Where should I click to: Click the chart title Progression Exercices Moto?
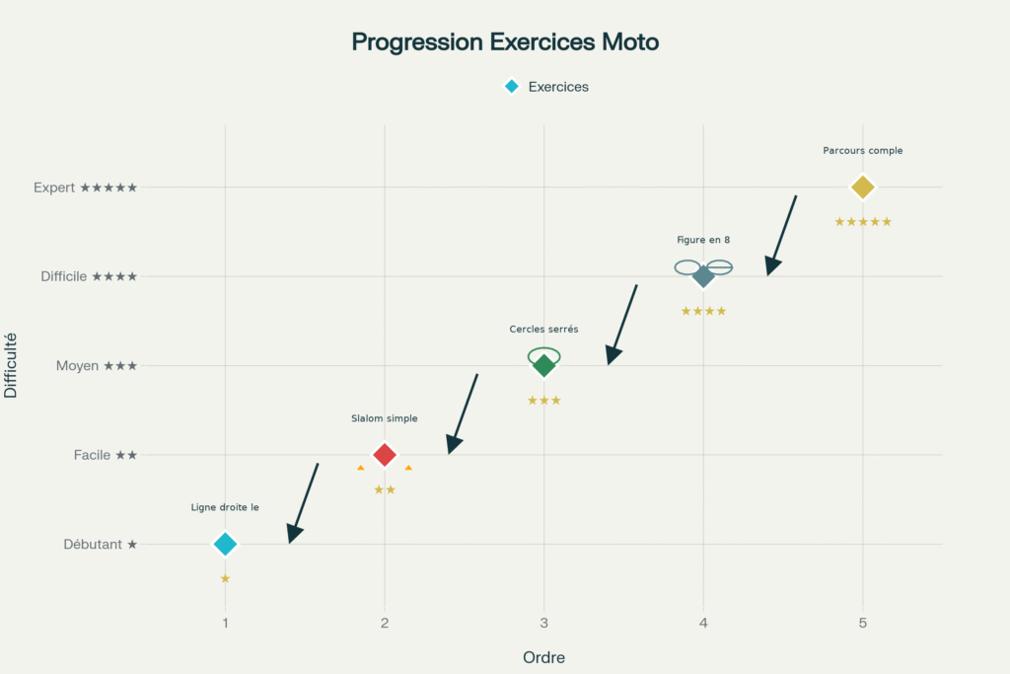pos(505,42)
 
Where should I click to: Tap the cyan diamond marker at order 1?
pos(225,544)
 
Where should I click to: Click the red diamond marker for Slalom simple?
pos(385,455)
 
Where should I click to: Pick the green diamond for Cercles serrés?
pos(543,366)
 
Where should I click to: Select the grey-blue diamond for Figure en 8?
pos(703,276)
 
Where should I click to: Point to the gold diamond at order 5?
pos(863,187)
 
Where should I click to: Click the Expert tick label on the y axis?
pos(85,187)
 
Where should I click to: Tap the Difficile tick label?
pos(89,276)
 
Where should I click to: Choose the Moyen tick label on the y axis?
pos(96,366)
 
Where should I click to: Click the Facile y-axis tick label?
pos(105,455)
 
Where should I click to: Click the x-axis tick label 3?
pos(543,623)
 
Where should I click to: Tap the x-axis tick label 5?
pos(863,623)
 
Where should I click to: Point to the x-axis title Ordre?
pos(543,657)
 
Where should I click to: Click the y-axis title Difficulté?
pos(12,365)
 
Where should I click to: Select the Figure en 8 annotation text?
pos(703,240)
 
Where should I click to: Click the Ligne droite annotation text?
pos(225,507)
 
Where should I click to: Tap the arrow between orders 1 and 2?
pos(303,502)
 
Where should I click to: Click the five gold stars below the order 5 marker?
pos(863,222)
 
